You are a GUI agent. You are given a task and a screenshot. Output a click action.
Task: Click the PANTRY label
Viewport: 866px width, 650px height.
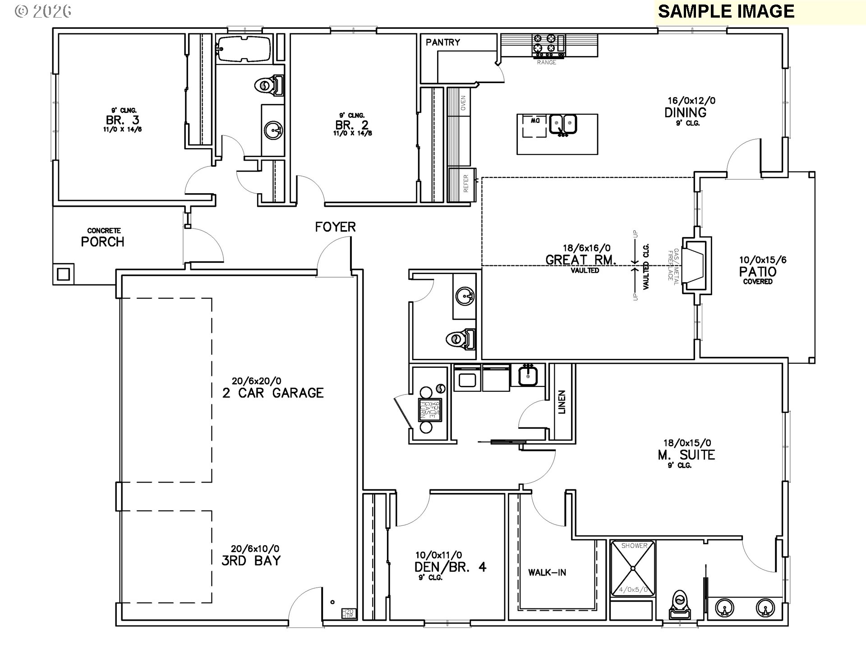[x=443, y=42]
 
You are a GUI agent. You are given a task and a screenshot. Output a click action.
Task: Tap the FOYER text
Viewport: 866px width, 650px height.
[x=335, y=227]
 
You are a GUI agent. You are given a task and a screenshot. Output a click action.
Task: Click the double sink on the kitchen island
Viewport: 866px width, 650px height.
[x=563, y=125]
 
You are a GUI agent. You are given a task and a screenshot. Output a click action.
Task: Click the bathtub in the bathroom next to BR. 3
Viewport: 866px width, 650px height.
[x=244, y=49]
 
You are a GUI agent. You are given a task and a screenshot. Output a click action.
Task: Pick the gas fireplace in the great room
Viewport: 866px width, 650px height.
[x=695, y=267]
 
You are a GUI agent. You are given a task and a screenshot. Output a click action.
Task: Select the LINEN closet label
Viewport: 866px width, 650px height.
[x=562, y=402]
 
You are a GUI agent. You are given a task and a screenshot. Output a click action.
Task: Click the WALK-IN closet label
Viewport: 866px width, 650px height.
[x=547, y=573]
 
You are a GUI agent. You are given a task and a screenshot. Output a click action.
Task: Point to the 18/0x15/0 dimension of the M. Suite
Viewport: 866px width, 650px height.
[x=686, y=443]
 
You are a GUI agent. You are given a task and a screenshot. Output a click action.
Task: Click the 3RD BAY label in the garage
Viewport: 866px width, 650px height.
[x=251, y=561]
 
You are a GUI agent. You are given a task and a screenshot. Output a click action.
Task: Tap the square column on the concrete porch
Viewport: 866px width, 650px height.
[x=64, y=274]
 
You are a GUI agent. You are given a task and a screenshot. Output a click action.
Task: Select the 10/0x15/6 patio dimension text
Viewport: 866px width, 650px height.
[x=762, y=260]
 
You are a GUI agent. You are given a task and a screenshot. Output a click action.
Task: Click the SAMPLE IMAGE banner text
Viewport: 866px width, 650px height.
[x=726, y=12]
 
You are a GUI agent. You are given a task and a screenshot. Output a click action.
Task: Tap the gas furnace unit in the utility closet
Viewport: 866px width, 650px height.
[x=429, y=410]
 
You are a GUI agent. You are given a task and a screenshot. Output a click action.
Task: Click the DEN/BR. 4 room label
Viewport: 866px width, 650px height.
[x=450, y=567]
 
